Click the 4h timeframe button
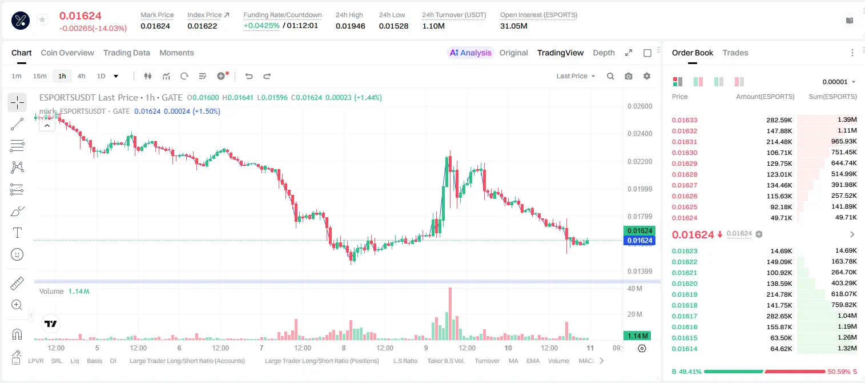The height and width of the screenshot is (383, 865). (x=81, y=76)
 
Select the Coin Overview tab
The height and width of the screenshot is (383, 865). (x=67, y=53)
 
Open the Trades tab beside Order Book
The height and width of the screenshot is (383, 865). (x=735, y=53)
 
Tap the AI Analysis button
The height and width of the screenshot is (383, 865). (x=470, y=53)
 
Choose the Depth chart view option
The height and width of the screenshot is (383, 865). (x=604, y=53)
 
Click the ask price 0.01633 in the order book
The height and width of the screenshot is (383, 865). (x=685, y=120)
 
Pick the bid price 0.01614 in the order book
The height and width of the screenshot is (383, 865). (x=685, y=349)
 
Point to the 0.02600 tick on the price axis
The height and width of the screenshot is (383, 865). (x=640, y=106)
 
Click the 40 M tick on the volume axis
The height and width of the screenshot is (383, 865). (x=635, y=289)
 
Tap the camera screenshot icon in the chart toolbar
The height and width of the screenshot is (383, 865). (x=629, y=76)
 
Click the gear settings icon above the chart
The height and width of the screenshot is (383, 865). (x=647, y=76)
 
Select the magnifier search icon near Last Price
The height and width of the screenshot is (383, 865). (x=610, y=76)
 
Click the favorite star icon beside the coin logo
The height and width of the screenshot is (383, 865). (x=42, y=19)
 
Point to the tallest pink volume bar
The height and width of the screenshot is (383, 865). (x=450, y=313)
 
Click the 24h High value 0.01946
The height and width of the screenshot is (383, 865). (x=350, y=26)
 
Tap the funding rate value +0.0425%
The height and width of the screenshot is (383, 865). (x=261, y=26)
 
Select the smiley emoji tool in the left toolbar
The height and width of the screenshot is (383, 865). (x=17, y=254)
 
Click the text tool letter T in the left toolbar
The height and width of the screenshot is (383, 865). (x=17, y=233)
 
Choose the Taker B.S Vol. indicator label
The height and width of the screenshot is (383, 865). (x=446, y=361)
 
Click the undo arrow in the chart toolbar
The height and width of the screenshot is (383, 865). (x=249, y=76)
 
